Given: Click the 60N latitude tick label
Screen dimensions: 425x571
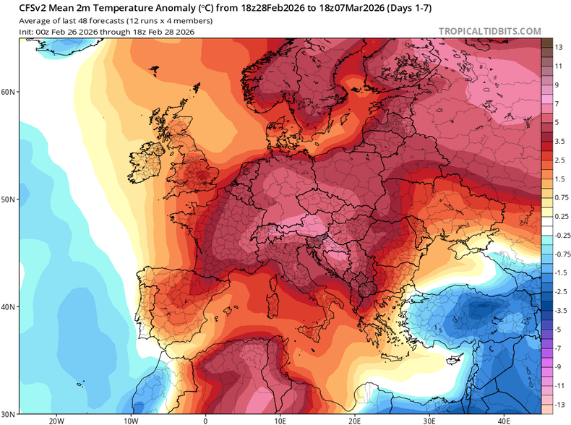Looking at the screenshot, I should [9, 92].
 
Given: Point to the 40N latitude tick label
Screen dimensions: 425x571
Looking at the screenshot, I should [9, 306].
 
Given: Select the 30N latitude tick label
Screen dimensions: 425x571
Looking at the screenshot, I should [9, 414].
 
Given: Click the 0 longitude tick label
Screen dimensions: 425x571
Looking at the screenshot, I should [205, 420].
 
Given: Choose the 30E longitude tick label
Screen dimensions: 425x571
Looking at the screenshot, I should [429, 420].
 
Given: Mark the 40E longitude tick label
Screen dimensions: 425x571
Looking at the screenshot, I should [503, 420].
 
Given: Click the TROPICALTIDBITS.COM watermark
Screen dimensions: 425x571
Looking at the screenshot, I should [489, 31].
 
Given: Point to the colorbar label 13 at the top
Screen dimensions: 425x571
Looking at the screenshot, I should [559, 47].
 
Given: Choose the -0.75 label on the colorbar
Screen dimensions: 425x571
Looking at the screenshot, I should [560, 254].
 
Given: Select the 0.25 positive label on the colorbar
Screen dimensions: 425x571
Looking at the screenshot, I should [559, 216].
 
